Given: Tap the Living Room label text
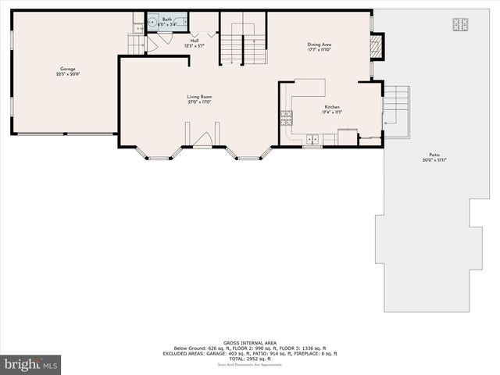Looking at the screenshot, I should point(199,97).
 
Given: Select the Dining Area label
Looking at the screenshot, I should point(320,45).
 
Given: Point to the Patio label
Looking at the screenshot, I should point(434,155).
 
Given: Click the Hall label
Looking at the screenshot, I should point(194,41).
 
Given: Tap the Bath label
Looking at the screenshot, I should point(166,19).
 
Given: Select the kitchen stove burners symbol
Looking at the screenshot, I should point(286,119).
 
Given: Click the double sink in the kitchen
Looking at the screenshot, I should point(312,141).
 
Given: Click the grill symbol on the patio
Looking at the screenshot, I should point(459,23).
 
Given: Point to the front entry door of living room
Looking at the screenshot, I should point(202,141).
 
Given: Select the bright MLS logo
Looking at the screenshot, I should point(31,364).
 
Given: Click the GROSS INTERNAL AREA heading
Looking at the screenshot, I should point(249,342).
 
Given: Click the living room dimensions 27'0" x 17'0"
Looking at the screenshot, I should point(199,102).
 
